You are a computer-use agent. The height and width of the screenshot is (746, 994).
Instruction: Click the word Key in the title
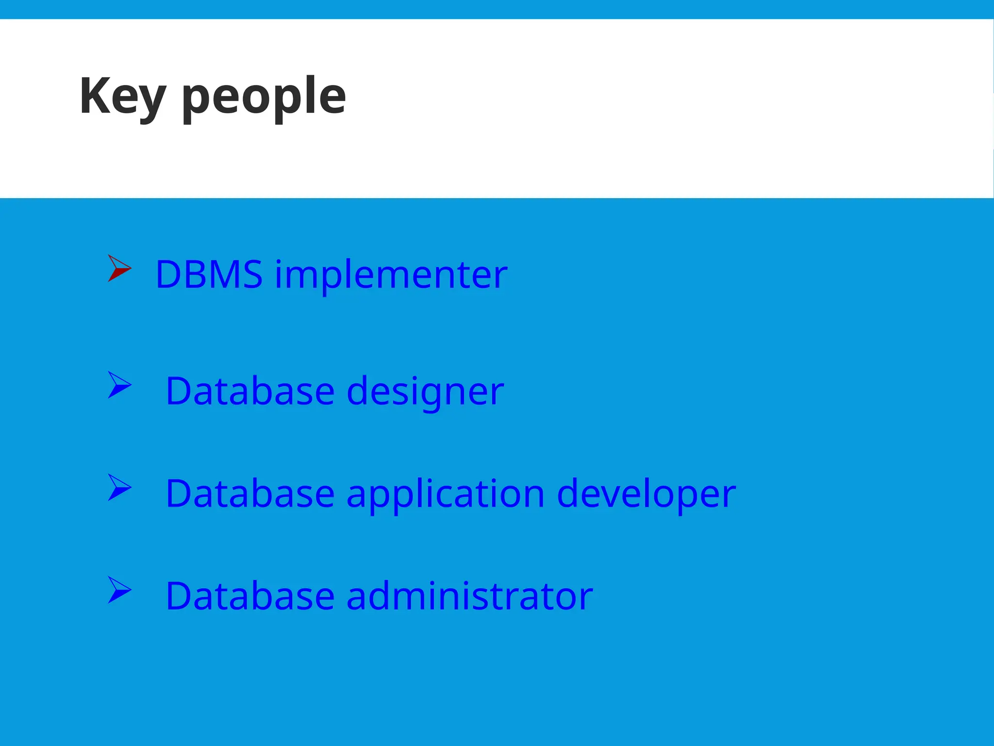tap(123, 97)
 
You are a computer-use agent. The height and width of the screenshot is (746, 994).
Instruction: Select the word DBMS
tap(209, 275)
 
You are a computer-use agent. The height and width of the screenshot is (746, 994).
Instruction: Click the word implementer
tap(391, 275)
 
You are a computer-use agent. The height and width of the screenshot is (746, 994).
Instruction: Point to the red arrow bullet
tap(119, 268)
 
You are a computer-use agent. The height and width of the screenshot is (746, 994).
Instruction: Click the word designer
tap(425, 391)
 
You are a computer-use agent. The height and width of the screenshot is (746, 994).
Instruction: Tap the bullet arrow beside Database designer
tap(119, 385)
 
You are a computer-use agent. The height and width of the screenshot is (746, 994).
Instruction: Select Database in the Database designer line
tap(250, 391)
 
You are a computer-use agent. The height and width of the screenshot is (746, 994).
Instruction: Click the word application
tap(445, 494)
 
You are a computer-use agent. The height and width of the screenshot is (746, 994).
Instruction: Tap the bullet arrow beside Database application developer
tap(119, 488)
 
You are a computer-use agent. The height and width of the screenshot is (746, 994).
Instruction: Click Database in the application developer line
tap(250, 494)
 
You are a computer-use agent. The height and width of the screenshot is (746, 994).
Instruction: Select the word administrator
tap(469, 596)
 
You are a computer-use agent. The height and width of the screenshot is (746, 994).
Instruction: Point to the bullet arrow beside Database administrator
tap(119, 590)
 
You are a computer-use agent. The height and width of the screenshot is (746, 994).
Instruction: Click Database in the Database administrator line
tap(250, 596)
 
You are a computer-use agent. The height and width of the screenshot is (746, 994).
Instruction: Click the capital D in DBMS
tap(167, 275)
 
